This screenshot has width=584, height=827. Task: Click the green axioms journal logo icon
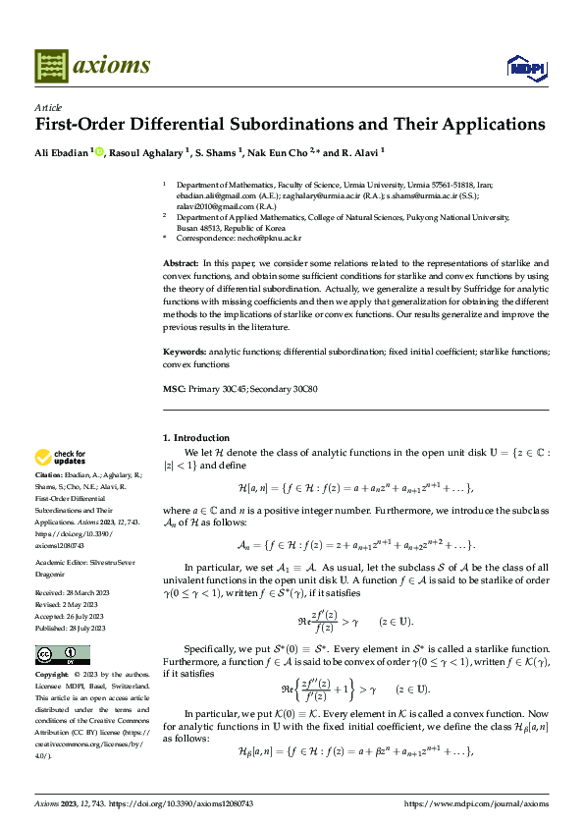[x=51, y=65]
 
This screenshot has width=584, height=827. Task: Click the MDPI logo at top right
[x=525, y=66]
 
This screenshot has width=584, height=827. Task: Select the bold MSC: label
[x=173, y=390]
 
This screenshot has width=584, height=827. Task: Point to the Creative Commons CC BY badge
[x=62, y=627]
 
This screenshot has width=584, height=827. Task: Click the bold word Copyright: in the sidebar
[x=54, y=648]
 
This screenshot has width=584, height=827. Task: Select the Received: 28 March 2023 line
[x=73, y=568]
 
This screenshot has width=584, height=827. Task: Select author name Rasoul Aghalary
[x=149, y=152]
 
